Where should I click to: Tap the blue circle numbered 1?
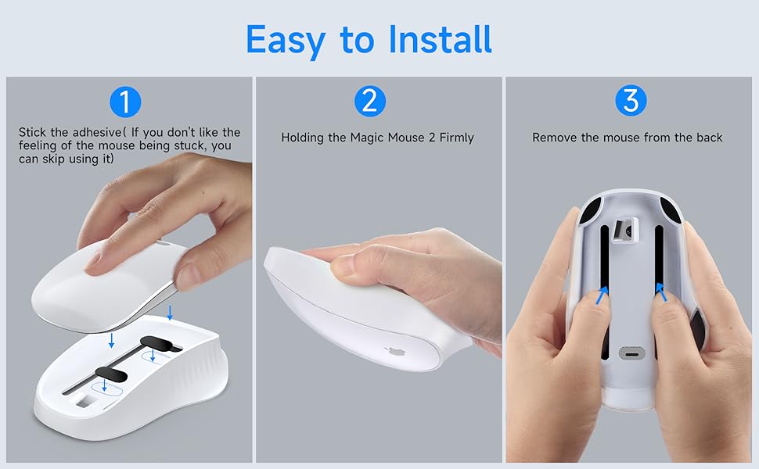(125, 102)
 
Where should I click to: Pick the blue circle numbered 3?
(630, 102)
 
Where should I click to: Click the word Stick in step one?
(33, 133)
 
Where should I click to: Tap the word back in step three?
(709, 138)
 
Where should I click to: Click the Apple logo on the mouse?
(390, 353)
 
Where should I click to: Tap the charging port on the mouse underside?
(630, 353)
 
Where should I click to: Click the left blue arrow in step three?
(603, 294)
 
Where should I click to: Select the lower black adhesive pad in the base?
(111, 371)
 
